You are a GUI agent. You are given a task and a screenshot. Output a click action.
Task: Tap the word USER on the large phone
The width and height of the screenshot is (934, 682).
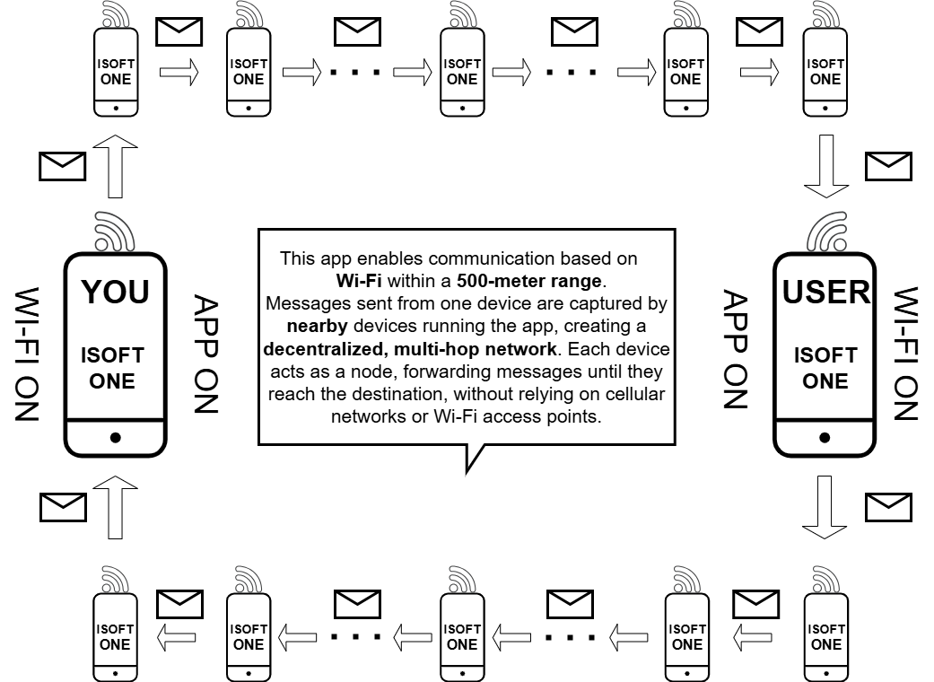point(825,292)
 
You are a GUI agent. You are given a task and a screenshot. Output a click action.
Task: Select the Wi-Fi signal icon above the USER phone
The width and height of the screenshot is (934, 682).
point(825,231)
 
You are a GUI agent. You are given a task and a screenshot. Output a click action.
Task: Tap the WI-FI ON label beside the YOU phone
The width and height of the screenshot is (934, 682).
point(30,354)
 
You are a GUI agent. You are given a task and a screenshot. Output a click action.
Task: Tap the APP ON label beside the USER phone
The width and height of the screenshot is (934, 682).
point(736,349)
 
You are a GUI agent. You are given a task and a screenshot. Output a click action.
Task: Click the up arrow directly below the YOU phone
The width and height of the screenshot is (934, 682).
point(115,507)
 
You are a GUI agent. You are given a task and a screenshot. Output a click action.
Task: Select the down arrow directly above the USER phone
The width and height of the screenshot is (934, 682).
point(825,166)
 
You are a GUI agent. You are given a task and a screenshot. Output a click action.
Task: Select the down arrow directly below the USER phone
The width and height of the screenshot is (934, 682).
point(825,507)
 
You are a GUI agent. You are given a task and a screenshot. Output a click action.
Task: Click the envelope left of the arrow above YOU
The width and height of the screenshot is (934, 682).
point(63,165)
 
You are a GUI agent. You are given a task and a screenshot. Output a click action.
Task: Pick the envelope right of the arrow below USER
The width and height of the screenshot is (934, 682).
point(888,507)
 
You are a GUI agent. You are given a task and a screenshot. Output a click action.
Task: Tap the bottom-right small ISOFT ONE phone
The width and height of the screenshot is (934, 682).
point(825,637)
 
